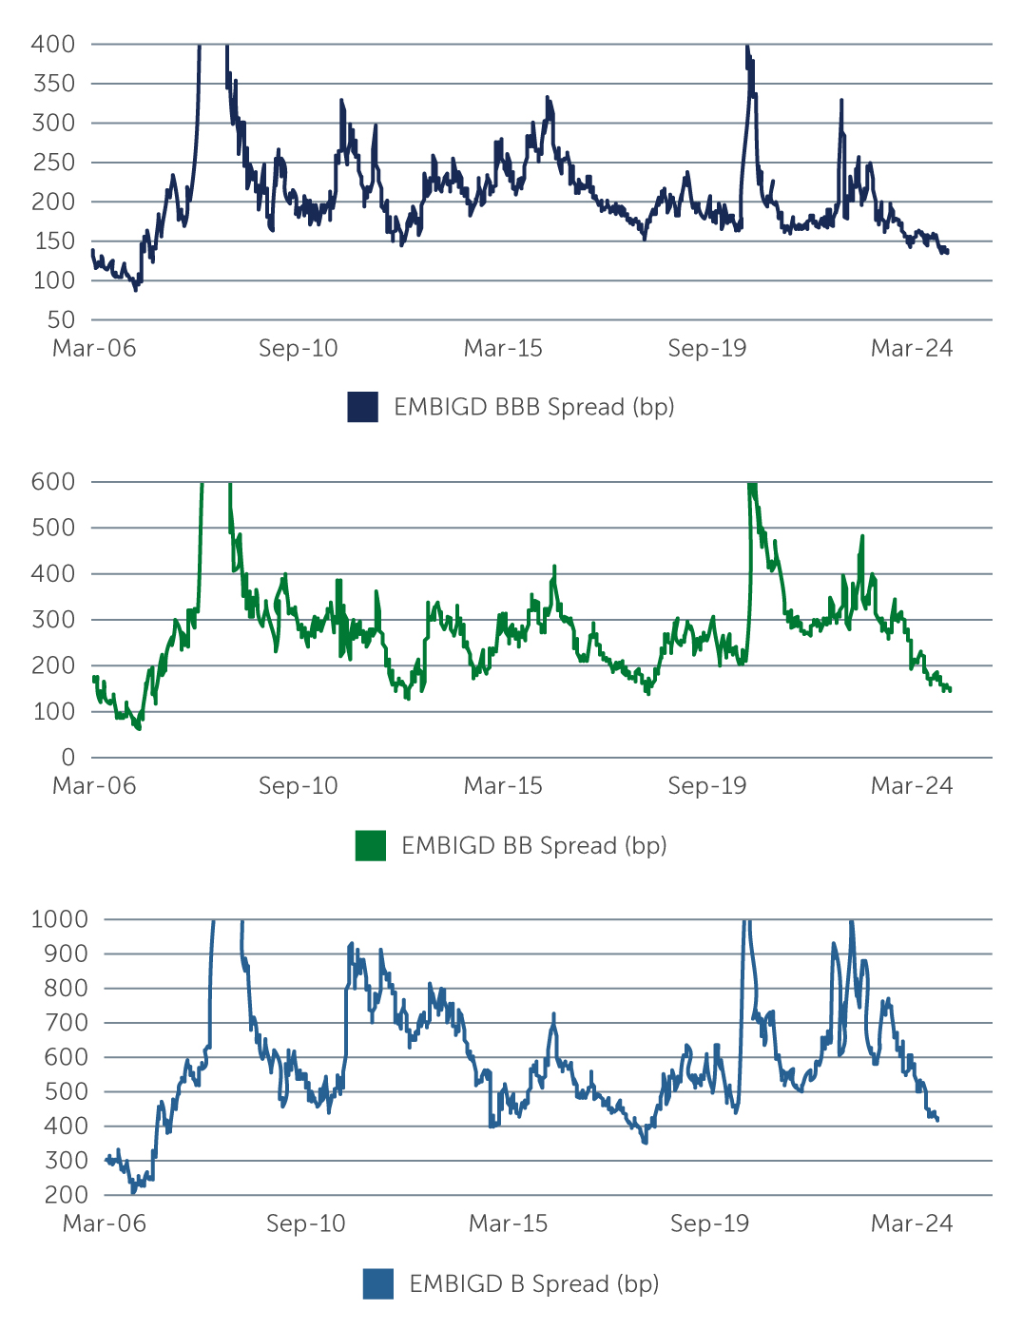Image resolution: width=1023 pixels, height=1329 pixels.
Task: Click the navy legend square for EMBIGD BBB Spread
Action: click(x=363, y=407)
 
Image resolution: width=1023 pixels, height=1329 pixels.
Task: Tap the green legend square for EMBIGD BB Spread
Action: click(x=371, y=845)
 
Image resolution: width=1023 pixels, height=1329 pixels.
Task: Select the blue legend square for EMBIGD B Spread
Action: click(x=378, y=1283)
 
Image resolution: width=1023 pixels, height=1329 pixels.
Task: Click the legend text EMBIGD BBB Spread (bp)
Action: click(x=533, y=407)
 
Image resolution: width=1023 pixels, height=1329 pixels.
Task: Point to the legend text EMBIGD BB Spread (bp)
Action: click(x=533, y=845)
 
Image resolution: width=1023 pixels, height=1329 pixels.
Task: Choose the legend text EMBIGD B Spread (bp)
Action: click(x=533, y=1283)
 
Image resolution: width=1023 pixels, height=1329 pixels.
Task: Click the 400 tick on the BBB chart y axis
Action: click(x=53, y=44)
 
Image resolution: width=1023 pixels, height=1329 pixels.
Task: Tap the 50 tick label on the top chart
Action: click(x=61, y=320)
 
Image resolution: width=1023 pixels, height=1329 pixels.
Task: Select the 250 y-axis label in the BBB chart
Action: click(x=53, y=163)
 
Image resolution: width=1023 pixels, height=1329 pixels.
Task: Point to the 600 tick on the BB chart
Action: click(x=53, y=482)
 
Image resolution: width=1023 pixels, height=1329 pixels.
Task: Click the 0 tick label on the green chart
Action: click(x=68, y=758)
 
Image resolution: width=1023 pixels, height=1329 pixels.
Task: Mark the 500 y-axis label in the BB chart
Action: click(x=53, y=528)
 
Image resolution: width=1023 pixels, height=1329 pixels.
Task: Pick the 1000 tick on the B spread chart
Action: click(x=59, y=919)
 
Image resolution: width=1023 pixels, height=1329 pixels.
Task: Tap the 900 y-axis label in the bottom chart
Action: click(x=66, y=953)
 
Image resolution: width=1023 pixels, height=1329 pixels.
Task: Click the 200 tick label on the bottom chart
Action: click(x=66, y=1195)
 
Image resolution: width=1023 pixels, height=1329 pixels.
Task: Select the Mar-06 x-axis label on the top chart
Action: click(x=94, y=348)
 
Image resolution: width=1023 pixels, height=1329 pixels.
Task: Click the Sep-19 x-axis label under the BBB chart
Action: click(x=707, y=348)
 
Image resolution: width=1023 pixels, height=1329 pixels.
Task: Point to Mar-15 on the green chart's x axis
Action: click(x=503, y=786)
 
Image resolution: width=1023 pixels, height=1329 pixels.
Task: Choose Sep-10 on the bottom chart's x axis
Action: click(x=306, y=1223)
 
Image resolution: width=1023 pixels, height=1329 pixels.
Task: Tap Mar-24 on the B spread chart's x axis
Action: click(x=912, y=1223)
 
